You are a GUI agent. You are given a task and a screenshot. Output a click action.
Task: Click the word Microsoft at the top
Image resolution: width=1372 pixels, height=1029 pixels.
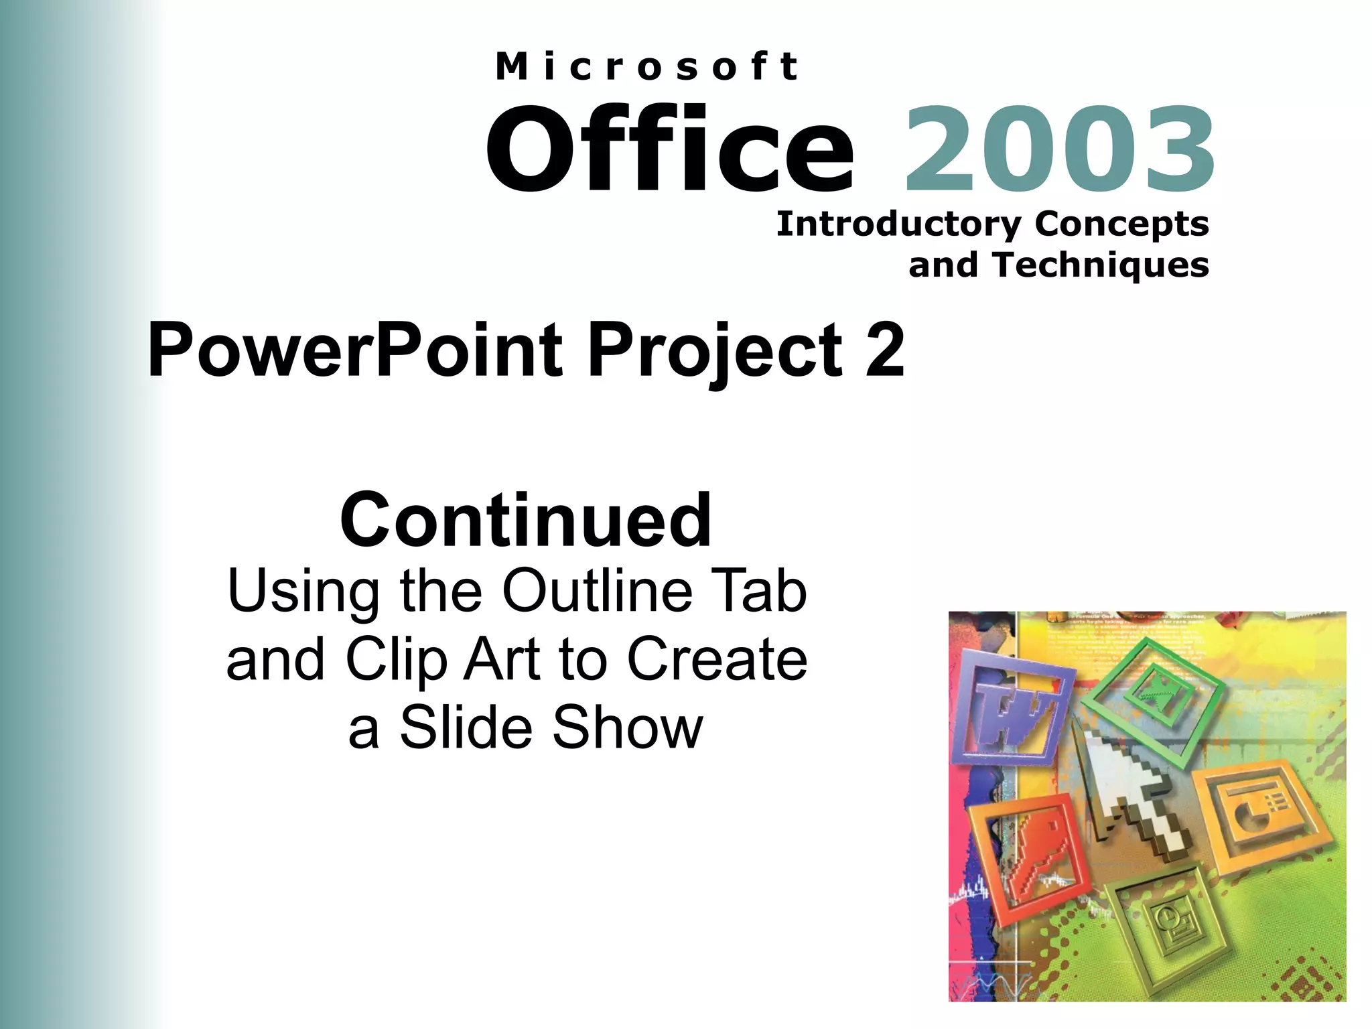tap(646, 67)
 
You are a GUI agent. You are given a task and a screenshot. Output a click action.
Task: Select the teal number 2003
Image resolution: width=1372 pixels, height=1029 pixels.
tap(1058, 150)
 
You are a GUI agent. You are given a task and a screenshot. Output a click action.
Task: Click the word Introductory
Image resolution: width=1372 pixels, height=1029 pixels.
tap(898, 224)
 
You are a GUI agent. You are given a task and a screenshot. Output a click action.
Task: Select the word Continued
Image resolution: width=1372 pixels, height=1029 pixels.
tap(525, 521)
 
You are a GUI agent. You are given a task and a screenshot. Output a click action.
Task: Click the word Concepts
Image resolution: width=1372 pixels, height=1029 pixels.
tap(1121, 224)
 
